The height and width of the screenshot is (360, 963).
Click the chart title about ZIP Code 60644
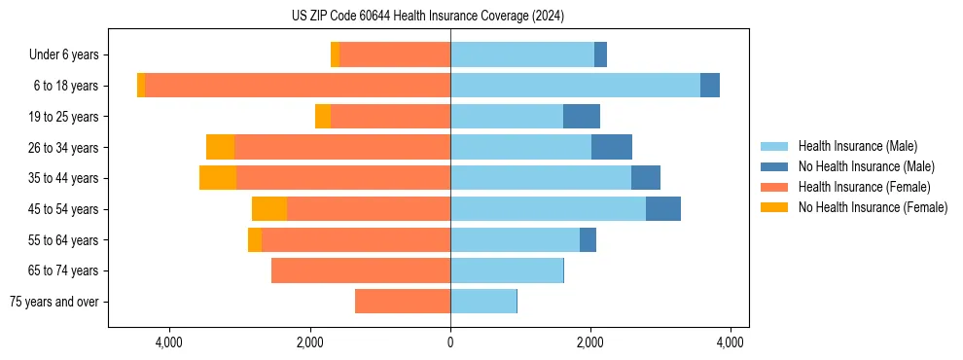(x=427, y=16)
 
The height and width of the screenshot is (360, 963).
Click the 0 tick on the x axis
(x=450, y=342)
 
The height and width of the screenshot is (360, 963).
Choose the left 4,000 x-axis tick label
(x=169, y=342)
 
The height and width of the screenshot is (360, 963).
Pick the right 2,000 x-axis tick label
(x=590, y=342)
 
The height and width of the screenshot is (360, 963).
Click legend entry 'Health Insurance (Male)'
(x=857, y=146)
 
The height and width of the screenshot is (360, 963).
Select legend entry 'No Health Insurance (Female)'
(x=873, y=207)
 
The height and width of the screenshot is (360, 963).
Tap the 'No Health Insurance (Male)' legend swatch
(x=775, y=166)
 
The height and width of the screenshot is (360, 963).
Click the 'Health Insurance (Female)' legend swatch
(x=775, y=187)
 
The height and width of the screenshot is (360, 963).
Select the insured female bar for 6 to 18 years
(x=297, y=86)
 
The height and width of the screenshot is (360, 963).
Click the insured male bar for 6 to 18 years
(x=575, y=86)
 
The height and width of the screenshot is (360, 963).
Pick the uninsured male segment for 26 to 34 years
(x=612, y=147)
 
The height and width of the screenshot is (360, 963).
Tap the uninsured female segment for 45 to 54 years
(x=269, y=209)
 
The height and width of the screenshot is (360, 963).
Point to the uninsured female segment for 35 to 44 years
(x=218, y=178)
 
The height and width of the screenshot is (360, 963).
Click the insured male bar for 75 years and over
(x=483, y=302)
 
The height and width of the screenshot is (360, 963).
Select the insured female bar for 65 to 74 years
(x=361, y=270)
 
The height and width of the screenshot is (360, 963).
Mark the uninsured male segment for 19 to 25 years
(x=582, y=117)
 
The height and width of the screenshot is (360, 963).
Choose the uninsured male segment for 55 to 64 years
(x=588, y=239)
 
